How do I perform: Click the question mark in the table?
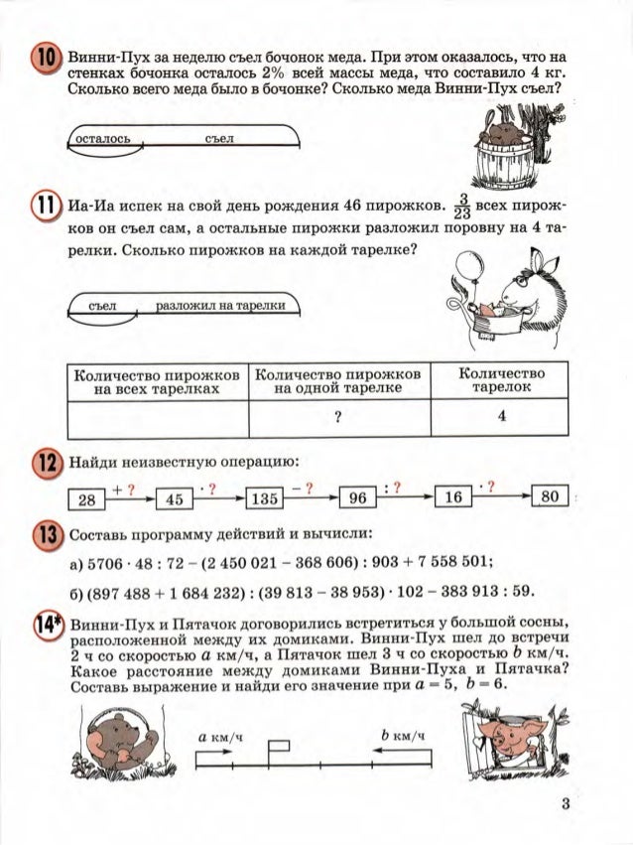coord(338,418)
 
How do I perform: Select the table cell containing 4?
coord(503,418)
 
